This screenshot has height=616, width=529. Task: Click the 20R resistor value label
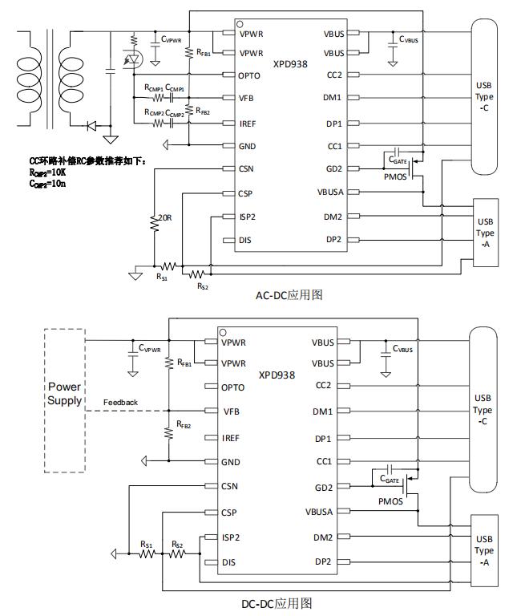pyautogui.click(x=165, y=217)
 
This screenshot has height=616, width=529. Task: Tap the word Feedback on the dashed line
pyautogui.click(x=120, y=403)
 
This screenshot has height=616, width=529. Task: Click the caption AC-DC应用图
pyautogui.click(x=289, y=295)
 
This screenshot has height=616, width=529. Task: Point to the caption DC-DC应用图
pyautogui.click(x=277, y=603)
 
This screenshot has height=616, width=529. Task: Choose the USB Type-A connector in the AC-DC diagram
pyautogui.click(x=486, y=233)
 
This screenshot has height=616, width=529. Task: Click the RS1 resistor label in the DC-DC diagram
pyautogui.click(x=147, y=544)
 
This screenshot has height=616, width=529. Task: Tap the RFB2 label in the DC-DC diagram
pyautogui.click(x=184, y=425)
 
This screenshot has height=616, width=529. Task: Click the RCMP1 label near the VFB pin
pyautogui.click(x=154, y=87)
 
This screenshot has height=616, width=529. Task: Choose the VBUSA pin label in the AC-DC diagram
pyautogui.click(x=327, y=192)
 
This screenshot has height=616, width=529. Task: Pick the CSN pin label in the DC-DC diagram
pyautogui.click(x=230, y=487)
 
